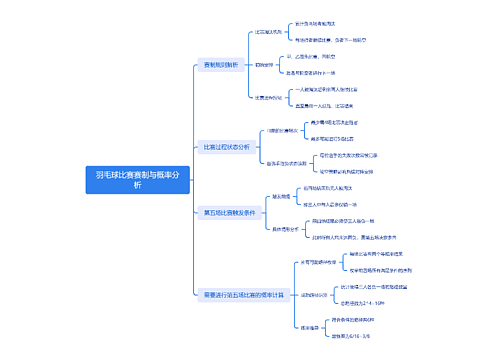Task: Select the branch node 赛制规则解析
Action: (x=221, y=65)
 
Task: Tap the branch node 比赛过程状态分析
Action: (x=227, y=146)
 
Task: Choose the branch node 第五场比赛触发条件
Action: (x=229, y=212)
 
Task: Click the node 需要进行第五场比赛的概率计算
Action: (x=243, y=294)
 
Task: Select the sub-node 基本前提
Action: (x=279, y=196)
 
